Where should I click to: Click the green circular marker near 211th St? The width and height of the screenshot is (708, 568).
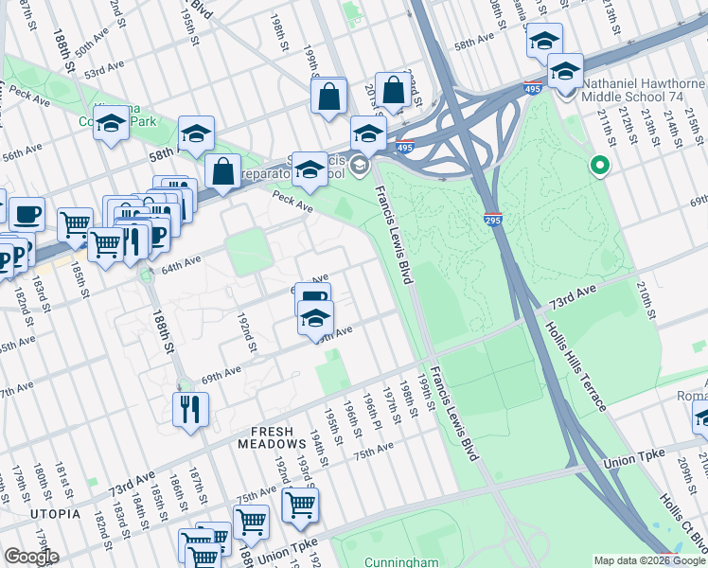click(x=598, y=167)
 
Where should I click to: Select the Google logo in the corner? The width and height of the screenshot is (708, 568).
click(x=31, y=557)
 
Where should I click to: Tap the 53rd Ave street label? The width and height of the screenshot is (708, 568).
click(x=105, y=72)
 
